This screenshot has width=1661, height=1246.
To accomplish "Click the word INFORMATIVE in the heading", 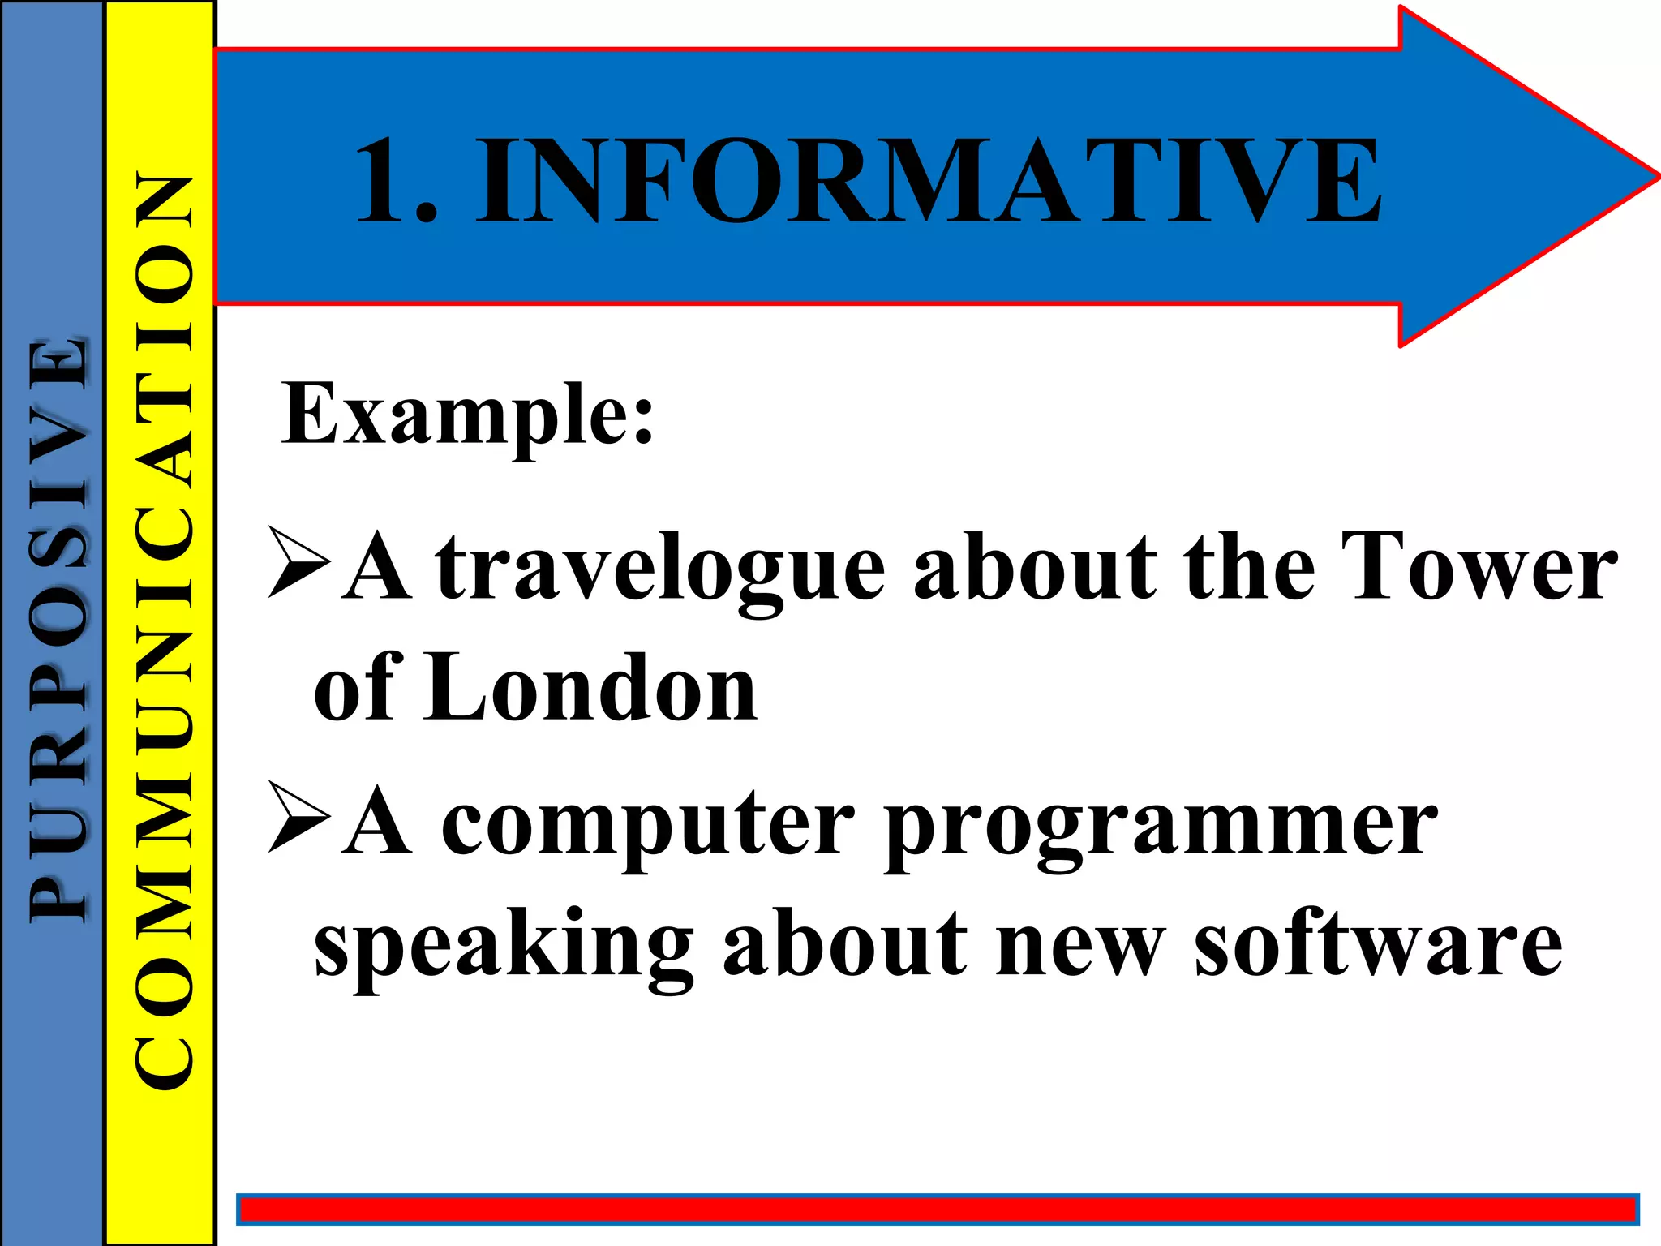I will click(x=928, y=180).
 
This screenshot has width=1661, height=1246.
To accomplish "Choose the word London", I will click(x=591, y=689).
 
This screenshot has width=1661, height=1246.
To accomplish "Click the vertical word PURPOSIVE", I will click(x=57, y=628).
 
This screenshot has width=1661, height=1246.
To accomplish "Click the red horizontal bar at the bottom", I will click(x=937, y=1209).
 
